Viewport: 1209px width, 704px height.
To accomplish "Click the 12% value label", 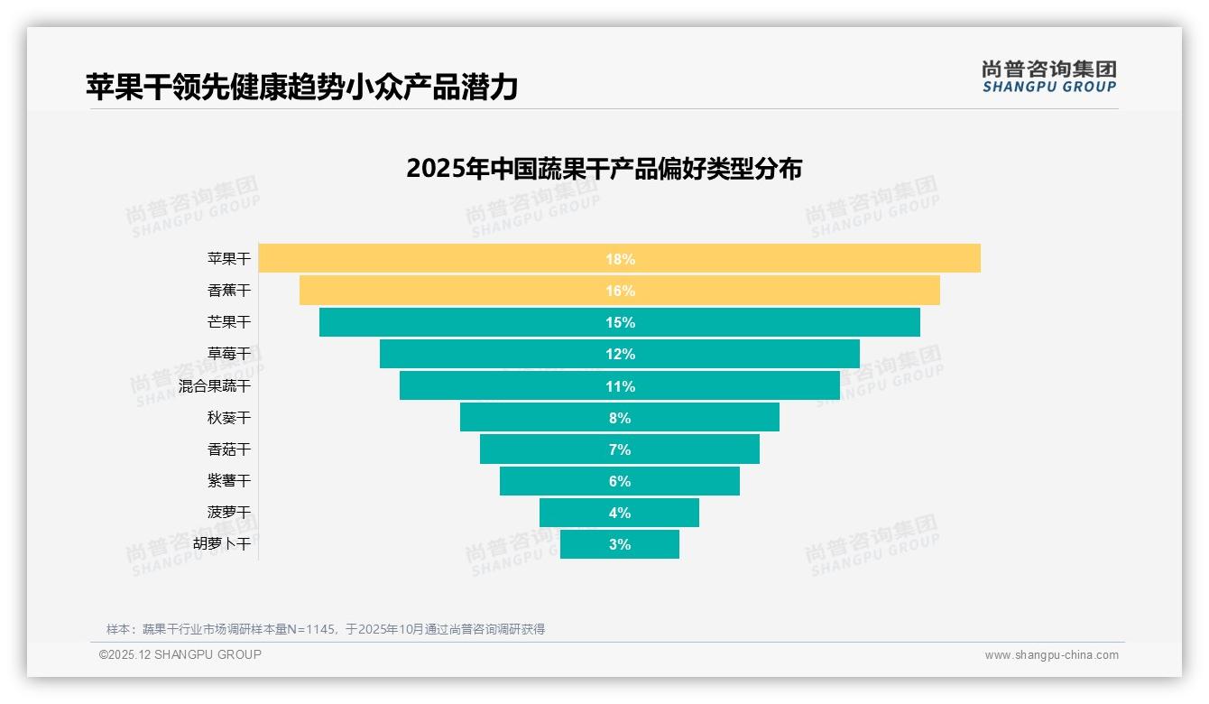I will click(620, 354).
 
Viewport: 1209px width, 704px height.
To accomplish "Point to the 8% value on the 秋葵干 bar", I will click(620, 418).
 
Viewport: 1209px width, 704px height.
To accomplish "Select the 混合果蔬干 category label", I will click(215, 386).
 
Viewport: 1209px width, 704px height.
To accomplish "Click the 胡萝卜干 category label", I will click(222, 544).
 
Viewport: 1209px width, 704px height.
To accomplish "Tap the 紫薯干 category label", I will click(229, 481).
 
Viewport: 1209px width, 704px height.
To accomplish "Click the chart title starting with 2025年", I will click(604, 169).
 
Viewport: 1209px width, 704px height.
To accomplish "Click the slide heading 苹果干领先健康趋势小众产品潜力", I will click(301, 87).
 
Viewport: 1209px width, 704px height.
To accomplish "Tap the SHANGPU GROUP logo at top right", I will click(1048, 77).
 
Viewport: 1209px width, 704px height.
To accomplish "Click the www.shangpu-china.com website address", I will click(1051, 655).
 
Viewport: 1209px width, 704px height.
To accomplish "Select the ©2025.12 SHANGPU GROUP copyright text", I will click(180, 655).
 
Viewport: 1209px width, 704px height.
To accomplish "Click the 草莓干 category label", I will click(229, 354).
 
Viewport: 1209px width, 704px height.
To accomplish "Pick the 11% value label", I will click(620, 386).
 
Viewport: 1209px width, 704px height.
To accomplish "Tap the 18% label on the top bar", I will click(620, 259).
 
